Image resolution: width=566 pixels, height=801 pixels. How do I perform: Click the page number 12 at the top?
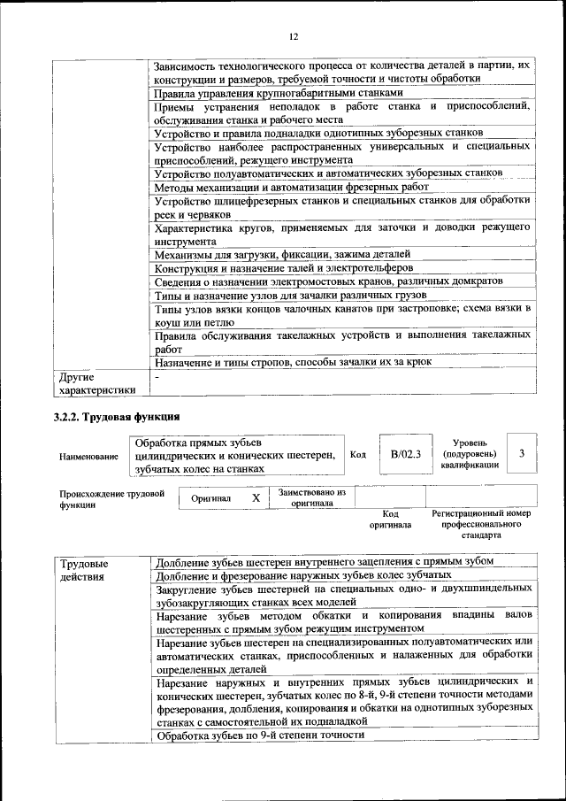tap(294, 36)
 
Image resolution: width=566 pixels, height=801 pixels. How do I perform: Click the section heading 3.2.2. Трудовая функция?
tap(118, 416)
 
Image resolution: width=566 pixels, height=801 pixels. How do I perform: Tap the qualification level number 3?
tap(523, 453)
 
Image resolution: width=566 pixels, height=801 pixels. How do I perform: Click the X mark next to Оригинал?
tap(256, 498)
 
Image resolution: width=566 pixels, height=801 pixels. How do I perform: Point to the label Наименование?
tap(88, 457)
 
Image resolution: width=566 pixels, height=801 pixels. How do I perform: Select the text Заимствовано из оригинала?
tap(312, 497)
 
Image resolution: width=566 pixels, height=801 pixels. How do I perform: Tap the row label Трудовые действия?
tap(84, 570)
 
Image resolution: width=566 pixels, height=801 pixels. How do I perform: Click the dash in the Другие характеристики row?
tap(157, 377)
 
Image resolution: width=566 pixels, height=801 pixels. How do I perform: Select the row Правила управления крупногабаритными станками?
tap(279, 92)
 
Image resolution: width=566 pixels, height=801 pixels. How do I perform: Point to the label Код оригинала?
tap(390, 519)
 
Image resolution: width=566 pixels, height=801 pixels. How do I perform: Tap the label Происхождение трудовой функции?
tap(111, 499)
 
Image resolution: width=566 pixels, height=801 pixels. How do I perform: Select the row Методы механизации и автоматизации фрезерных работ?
tap(291, 188)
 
